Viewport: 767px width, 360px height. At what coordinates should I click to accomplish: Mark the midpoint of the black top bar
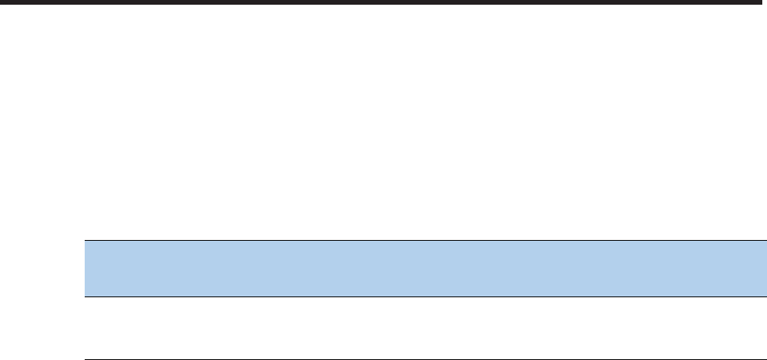click(x=383, y=3)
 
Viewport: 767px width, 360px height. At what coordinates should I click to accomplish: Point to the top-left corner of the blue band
click(x=85, y=242)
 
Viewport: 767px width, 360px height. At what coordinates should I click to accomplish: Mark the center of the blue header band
click(x=425, y=268)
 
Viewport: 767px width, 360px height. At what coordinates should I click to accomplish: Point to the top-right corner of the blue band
click(x=765, y=242)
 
